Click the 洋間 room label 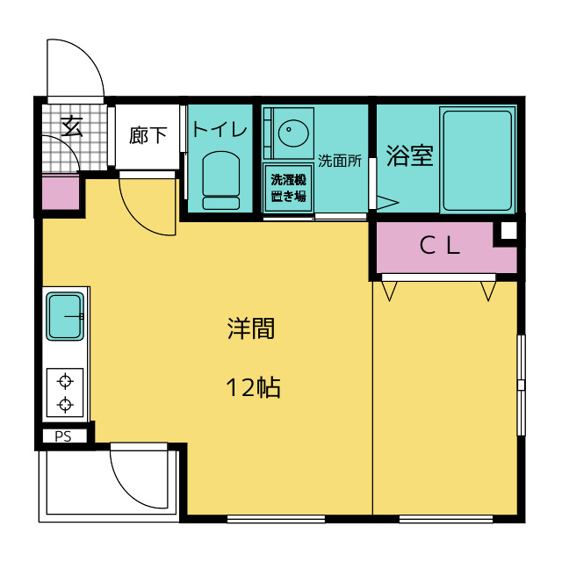click(x=251, y=328)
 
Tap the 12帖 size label click(x=253, y=387)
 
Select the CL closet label click(x=440, y=246)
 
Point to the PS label click(x=63, y=436)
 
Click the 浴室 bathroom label click(x=410, y=155)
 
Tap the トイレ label click(x=220, y=129)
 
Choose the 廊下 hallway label click(x=148, y=135)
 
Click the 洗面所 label click(x=340, y=161)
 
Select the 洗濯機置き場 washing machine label click(x=288, y=188)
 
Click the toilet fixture click(x=221, y=180)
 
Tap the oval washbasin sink click(x=293, y=133)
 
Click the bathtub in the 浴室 click(x=477, y=161)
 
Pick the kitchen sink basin click(x=65, y=316)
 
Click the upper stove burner click(x=65, y=381)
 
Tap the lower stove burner click(x=65, y=405)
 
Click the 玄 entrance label click(x=72, y=126)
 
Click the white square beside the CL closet click(x=508, y=230)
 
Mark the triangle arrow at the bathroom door click(x=387, y=203)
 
